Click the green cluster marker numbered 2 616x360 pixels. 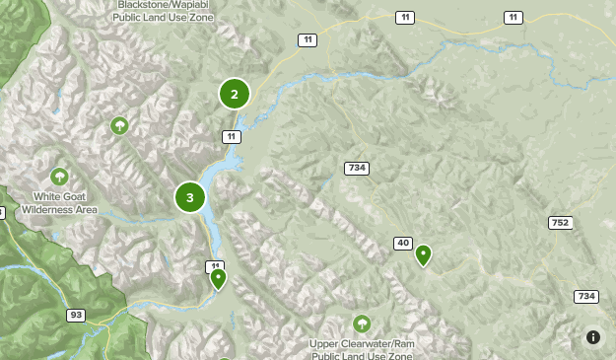tap(235, 95)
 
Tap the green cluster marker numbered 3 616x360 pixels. tap(190, 197)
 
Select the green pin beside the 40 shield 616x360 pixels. tap(424, 255)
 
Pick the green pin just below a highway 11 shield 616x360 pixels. tap(218, 279)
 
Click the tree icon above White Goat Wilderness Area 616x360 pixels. tap(60, 177)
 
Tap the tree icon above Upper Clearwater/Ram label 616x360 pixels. tap(362, 324)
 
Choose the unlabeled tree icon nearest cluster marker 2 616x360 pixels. tap(119, 125)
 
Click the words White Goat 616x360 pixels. tap(60, 197)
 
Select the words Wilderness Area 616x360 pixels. tap(60, 209)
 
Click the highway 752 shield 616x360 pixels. tap(560, 223)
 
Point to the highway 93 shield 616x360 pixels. tap(76, 315)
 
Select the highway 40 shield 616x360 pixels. tap(403, 243)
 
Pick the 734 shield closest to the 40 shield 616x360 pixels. tap(357, 168)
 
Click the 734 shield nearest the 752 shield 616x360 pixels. tap(586, 296)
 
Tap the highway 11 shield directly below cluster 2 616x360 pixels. tap(232, 136)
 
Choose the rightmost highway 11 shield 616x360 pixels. tap(513, 18)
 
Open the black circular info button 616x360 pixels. tap(593, 337)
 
